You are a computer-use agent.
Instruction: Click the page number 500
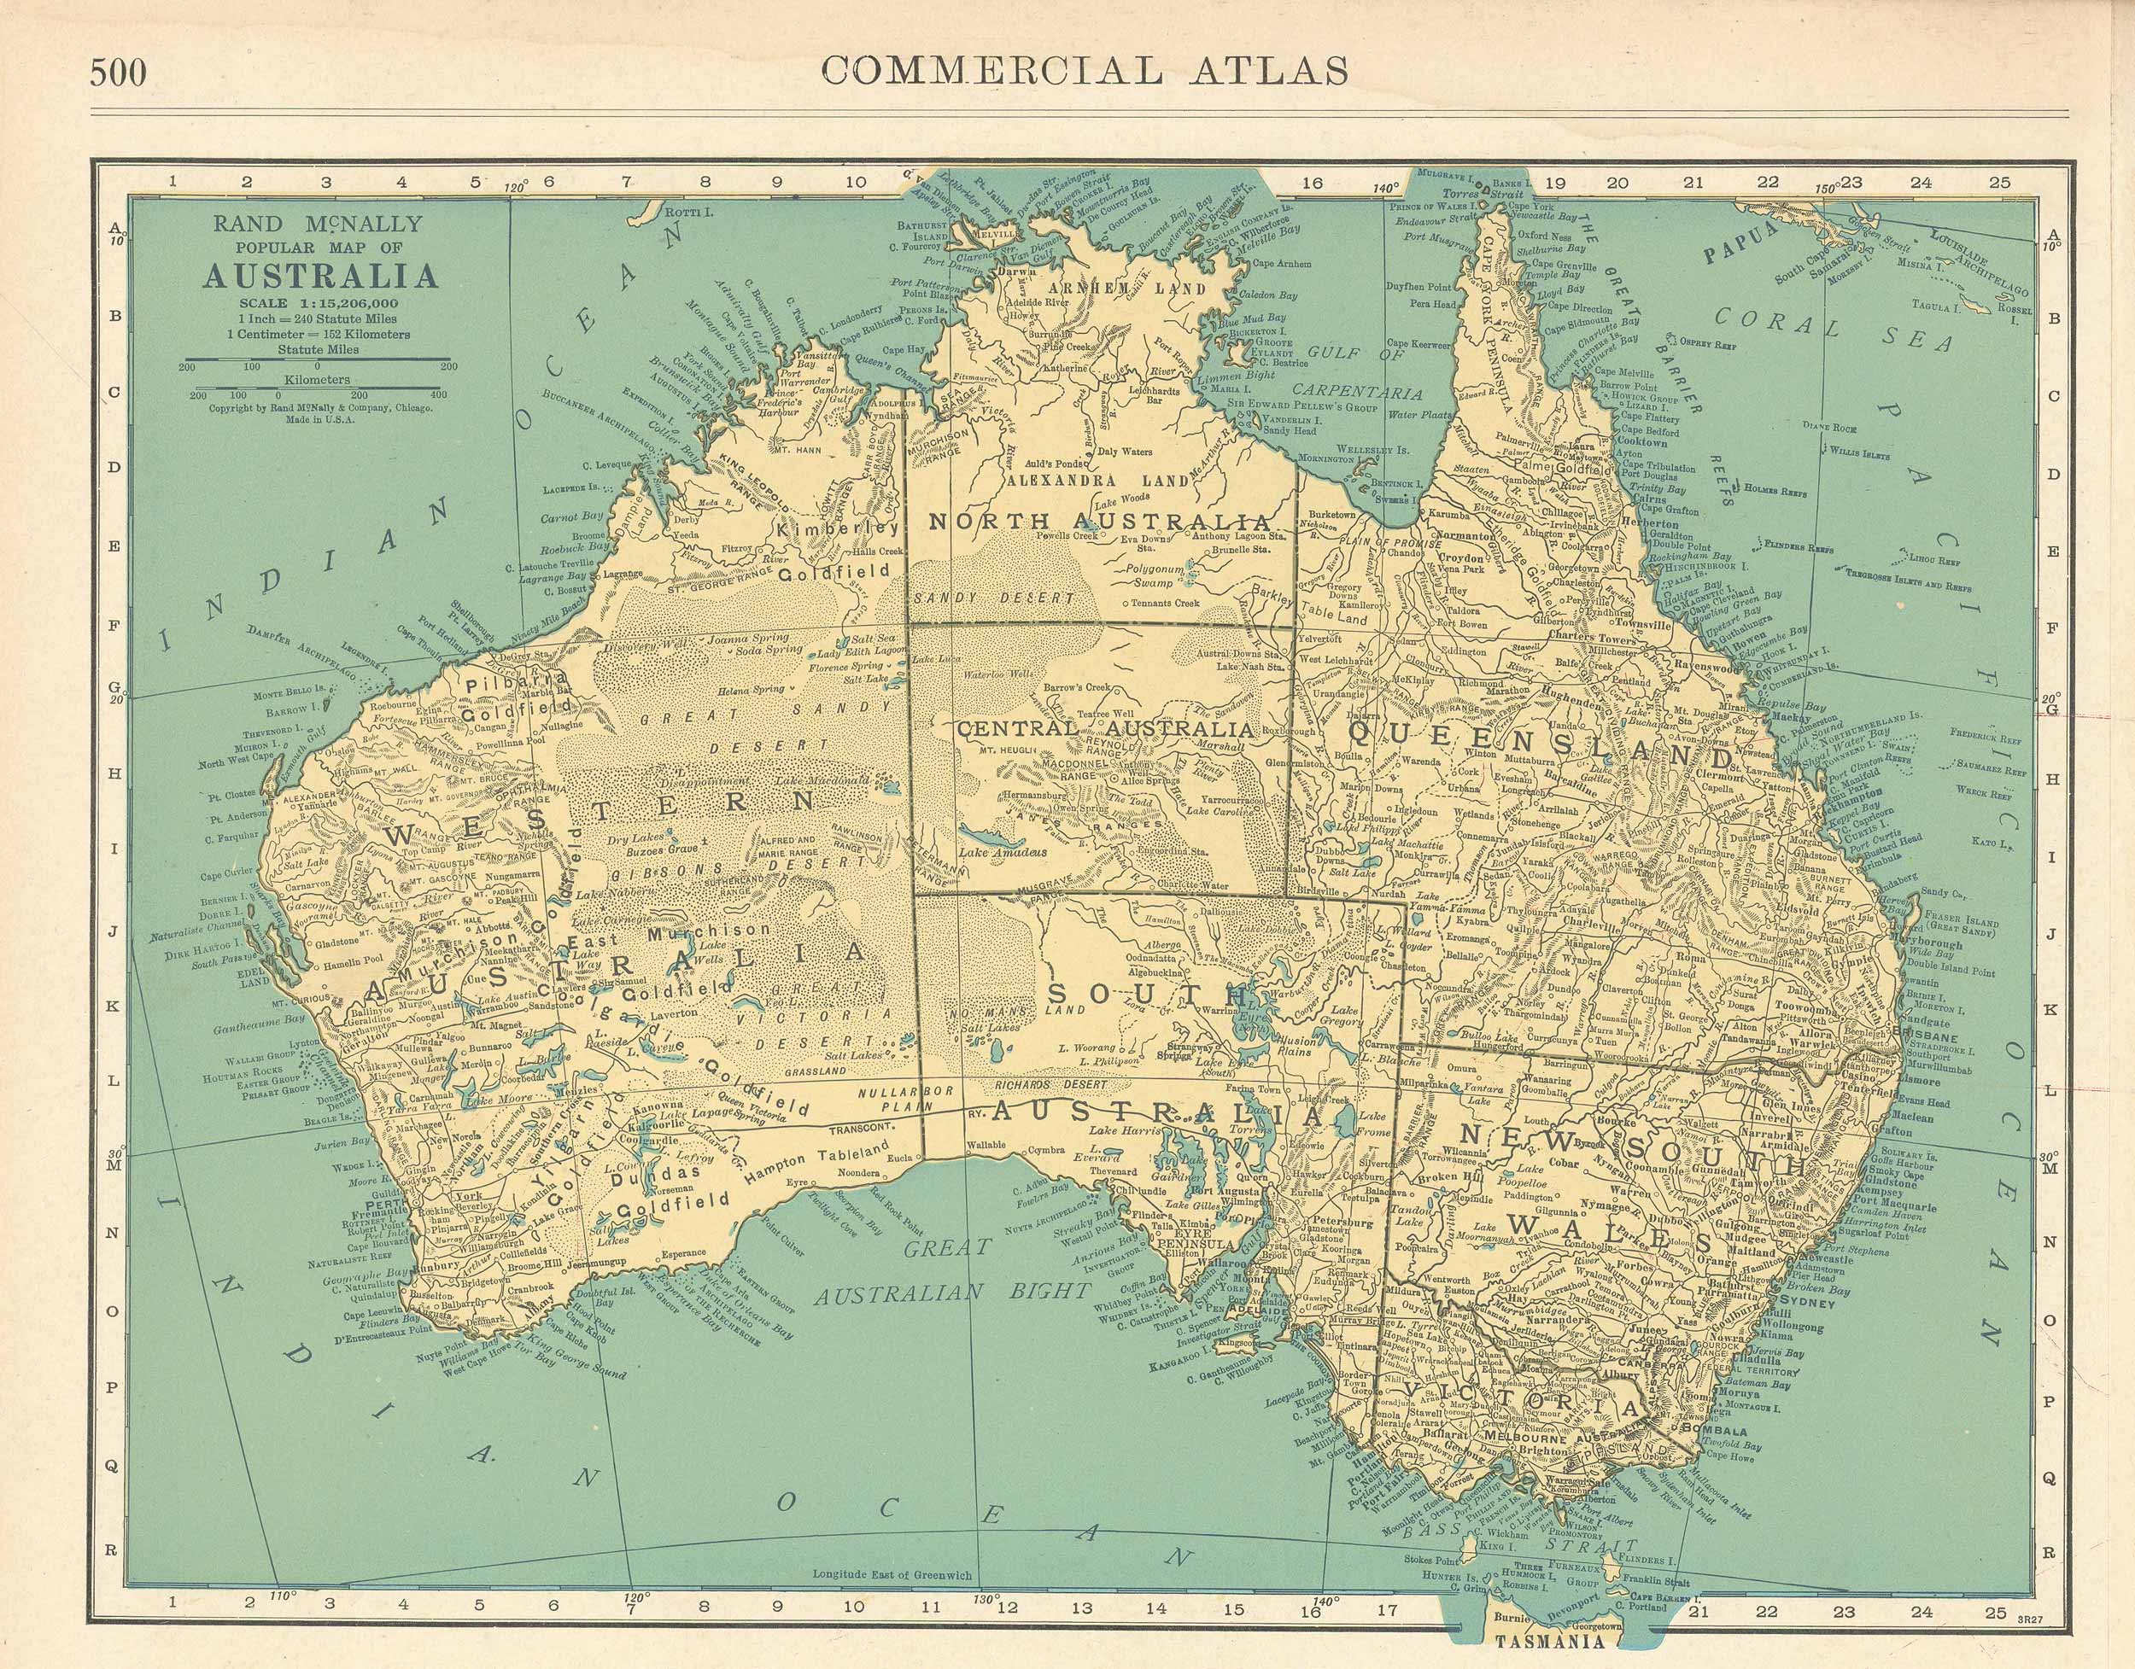point(119,73)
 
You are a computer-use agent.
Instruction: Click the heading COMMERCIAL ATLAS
point(1085,70)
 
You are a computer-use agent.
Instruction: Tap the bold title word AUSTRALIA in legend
point(319,277)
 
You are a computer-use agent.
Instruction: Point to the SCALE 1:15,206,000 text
point(319,303)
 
